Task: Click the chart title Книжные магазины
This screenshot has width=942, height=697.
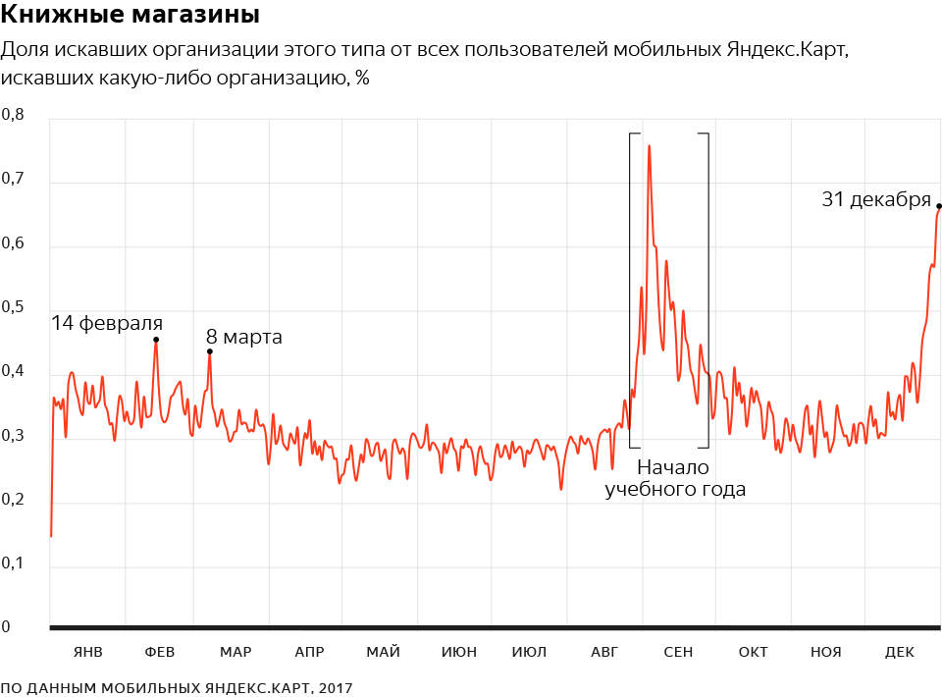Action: pyautogui.click(x=131, y=16)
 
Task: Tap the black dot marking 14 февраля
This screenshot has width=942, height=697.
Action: pyautogui.click(x=156, y=340)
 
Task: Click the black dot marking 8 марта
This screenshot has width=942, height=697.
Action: pyautogui.click(x=209, y=351)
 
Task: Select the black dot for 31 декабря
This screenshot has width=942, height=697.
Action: pyautogui.click(x=939, y=206)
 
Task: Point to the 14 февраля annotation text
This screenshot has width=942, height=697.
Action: pyautogui.click(x=107, y=322)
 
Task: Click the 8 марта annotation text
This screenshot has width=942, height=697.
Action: pyautogui.click(x=244, y=338)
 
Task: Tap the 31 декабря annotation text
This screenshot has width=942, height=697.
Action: pyautogui.click(x=875, y=199)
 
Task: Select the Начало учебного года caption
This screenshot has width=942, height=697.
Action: pyautogui.click(x=675, y=478)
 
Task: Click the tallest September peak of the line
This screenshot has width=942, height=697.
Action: pyautogui.click(x=649, y=146)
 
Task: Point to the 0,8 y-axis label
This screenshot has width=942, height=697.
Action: pyautogui.click(x=12, y=115)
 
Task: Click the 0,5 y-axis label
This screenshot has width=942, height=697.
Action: pyautogui.click(x=12, y=307)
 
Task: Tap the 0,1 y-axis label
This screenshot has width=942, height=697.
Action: pyautogui.click(x=12, y=563)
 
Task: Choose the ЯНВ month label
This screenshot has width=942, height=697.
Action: pyautogui.click(x=87, y=652)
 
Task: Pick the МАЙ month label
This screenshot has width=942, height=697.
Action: pyautogui.click(x=383, y=652)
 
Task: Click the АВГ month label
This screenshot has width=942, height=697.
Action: pyautogui.click(x=605, y=652)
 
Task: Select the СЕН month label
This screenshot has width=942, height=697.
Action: pyautogui.click(x=678, y=652)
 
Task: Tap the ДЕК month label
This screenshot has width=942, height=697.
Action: pyautogui.click(x=900, y=652)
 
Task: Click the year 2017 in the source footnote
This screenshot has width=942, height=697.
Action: pyautogui.click(x=335, y=688)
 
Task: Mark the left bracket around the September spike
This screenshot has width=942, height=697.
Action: pyautogui.click(x=630, y=290)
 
